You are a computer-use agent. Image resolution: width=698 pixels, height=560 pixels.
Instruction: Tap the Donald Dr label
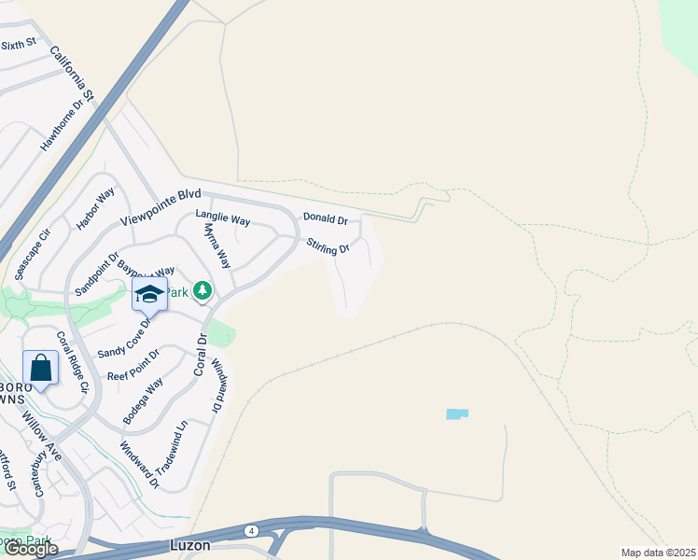click(325, 219)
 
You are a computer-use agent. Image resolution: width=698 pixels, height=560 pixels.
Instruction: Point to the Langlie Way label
click(223, 217)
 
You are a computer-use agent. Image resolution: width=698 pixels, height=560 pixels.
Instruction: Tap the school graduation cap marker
click(149, 294)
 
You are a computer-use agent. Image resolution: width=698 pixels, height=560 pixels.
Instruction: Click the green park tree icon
click(202, 291)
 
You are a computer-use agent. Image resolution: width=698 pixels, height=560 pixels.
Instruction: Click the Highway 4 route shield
click(252, 530)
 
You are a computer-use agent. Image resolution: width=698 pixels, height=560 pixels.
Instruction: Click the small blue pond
click(457, 413)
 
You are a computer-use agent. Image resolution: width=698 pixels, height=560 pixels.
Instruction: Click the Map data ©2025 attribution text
click(658, 553)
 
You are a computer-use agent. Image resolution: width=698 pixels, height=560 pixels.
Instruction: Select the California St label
click(73, 73)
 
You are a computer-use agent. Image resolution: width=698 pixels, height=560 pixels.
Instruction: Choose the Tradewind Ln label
click(173, 448)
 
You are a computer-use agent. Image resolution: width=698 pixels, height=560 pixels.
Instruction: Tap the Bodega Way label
click(143, 399)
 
